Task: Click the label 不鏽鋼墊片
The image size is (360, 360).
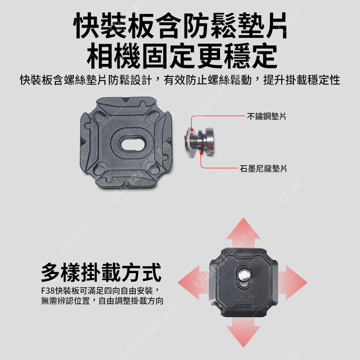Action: (266, 117)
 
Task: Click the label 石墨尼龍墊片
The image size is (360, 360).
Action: (263, 168)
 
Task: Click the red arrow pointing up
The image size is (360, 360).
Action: (243, 232)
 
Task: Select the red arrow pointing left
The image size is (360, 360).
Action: (193, 283)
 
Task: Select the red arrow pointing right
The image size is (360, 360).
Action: (293, 283)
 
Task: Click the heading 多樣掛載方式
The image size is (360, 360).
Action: (101, 272)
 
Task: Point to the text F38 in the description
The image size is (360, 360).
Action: (48, 291)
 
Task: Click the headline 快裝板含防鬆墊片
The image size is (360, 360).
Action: (180, 25)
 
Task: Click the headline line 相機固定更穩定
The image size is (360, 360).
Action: (182, 55)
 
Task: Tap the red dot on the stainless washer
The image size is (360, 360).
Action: (192, 130)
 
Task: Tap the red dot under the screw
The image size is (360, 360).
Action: (201, 153)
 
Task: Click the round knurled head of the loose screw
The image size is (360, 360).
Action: (209, 141)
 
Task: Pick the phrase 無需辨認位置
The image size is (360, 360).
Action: (65, 301)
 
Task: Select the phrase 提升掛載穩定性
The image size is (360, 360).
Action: (301, 80)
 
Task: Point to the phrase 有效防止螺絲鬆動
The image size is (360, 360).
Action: (207, 80)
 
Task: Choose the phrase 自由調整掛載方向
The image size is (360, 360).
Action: (131, 301)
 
